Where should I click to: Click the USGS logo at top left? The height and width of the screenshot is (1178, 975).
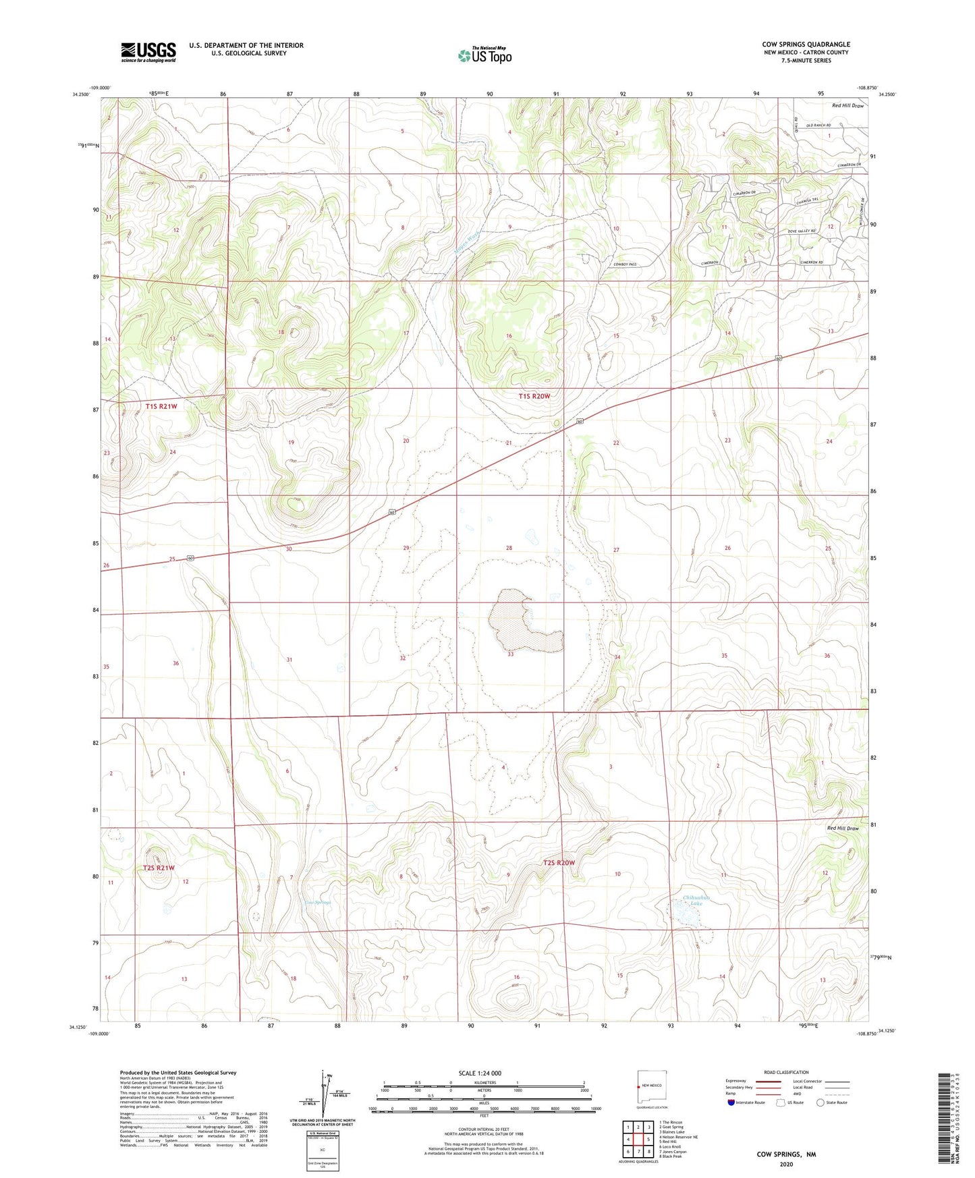click(x=148, y=52)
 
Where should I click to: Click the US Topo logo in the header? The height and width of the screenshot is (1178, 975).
click(x=484, y=55)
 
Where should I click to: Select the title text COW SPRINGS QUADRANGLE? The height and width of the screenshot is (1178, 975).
click(x=806, y=45)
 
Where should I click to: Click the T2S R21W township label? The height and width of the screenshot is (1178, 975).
click(x=159, y=868)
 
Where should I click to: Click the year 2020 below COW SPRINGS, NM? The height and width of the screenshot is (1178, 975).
click(x=785, y=1164)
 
